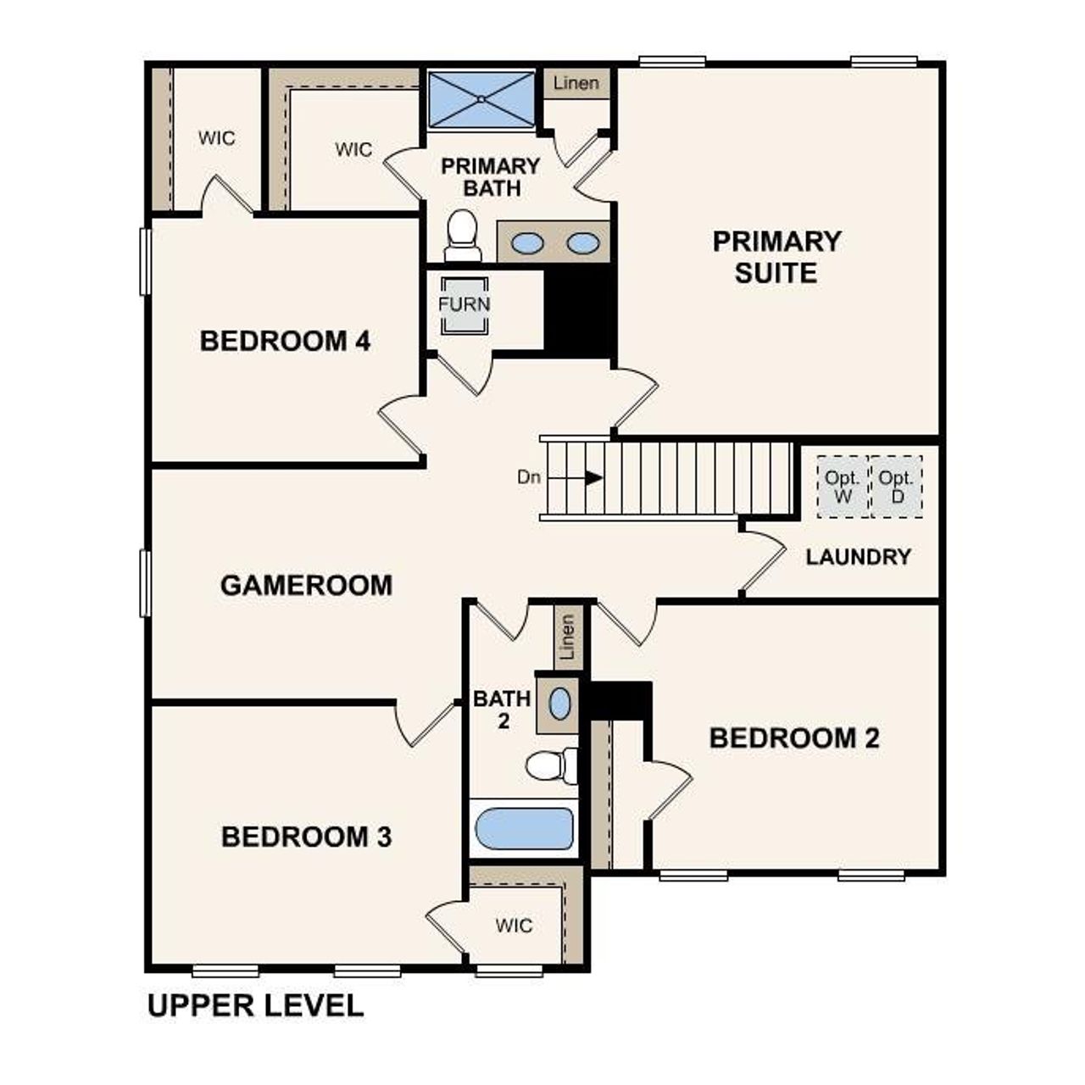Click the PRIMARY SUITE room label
(776, 257)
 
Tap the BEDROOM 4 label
(285, 342)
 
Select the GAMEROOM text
(306, 586)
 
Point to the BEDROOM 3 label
(306, 837)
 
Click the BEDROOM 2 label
(793, 738)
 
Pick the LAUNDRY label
(858, 557)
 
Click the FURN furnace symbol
(464, 303)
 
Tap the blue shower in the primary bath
(481, 100)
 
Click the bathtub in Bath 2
(524, 828)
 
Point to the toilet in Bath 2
(550, 765)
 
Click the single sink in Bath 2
(560, 704)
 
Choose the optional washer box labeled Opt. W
(843, 487)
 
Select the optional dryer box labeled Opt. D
(896, 487)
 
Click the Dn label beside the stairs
(529, 477)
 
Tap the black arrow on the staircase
(594, 478)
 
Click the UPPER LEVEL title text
(255, 1006)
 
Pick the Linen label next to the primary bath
(576, 83)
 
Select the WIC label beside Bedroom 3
(514, 925)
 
